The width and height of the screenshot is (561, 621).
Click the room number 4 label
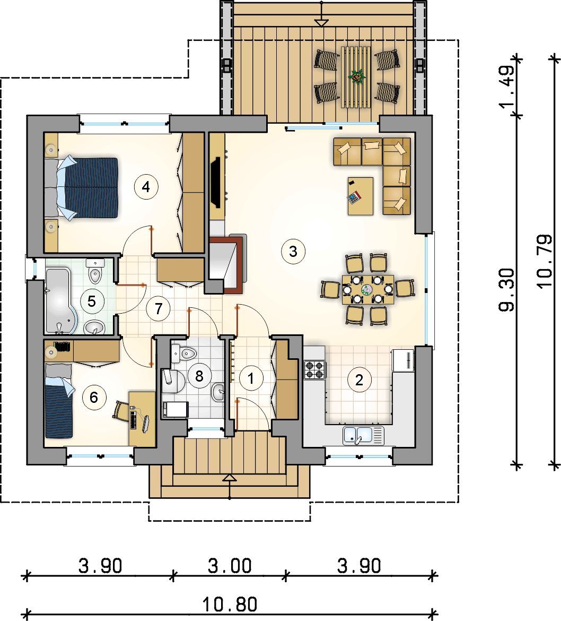point(146,186)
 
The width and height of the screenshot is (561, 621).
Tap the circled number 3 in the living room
point(293,251)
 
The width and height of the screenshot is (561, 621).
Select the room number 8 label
point(199,375)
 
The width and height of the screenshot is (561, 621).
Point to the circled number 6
point(94,397)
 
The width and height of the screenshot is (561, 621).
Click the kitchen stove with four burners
point(315,370)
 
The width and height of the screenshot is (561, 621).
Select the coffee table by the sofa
point(361,196)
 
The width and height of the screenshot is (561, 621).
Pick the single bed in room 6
point(59,400)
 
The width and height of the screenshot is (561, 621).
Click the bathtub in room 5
point(60,300)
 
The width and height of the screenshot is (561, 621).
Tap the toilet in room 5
point(95,271)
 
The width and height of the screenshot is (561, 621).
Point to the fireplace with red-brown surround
point(226,264)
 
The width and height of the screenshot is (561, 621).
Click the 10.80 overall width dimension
point(230,605)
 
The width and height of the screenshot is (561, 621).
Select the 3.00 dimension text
point(230,566)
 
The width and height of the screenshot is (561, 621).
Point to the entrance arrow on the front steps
point(230,486)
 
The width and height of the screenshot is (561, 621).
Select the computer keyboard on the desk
point(133,420)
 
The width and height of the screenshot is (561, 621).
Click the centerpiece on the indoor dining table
point(367,290)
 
